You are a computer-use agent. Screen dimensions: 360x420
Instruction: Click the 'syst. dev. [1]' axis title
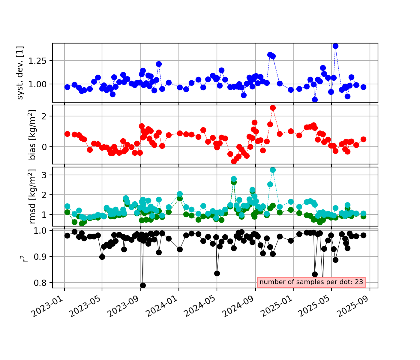[x=20, y=73]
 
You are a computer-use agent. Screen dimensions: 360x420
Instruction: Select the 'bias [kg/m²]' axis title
[x=32, y=135]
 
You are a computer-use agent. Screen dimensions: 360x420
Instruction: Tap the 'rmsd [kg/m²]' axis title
[x=32, y=196]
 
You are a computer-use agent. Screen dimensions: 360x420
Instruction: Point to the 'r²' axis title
[x=25, y=258]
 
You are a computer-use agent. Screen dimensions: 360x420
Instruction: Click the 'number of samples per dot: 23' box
[x=311, y=282]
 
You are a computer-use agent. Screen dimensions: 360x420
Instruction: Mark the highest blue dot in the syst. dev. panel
[x=335, y=46]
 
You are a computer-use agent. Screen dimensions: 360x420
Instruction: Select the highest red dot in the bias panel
[x=273, y=108]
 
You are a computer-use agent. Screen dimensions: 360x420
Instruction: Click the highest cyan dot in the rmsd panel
[x=273, y=170]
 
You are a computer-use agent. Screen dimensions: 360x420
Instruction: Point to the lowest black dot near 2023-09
[x=143, y=285]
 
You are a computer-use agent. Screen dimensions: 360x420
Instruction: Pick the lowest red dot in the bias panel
[x=234, y=161]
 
